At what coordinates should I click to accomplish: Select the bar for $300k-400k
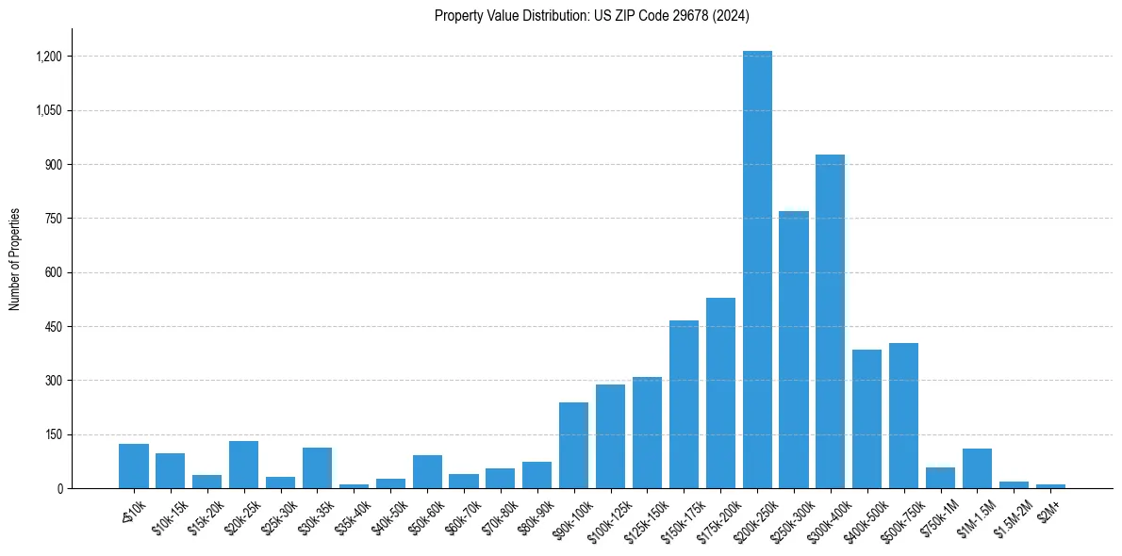click(x=830, y=321)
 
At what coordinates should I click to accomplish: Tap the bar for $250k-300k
click(x=794, y=350)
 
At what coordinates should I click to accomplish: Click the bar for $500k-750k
click(x=903, y=416)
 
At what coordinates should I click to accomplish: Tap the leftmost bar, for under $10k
click(x=134, y=466)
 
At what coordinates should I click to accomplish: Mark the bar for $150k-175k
click(x=684, y=404)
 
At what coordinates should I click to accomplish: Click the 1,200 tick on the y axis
click(x=48, y=57)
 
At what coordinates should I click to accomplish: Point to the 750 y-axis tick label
click(x=53, y=219)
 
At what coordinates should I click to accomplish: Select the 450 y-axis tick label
click(x=53, y=327)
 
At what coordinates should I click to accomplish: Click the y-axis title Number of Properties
click(x=15, y=259)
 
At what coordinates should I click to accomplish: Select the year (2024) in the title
click(x=732, y=16)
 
